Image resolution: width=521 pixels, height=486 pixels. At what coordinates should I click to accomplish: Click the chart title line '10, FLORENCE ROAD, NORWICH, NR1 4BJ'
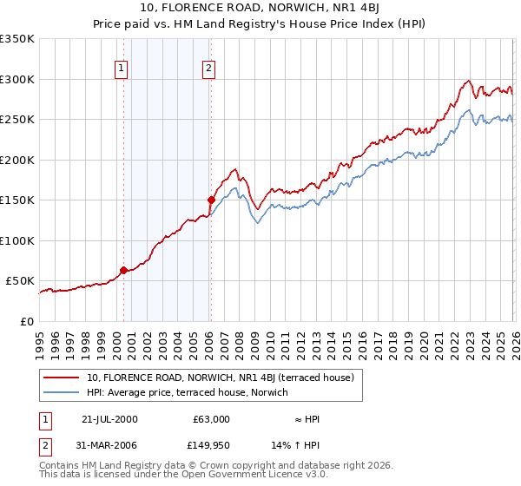260,10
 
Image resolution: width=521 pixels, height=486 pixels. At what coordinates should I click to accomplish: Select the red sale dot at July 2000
123,270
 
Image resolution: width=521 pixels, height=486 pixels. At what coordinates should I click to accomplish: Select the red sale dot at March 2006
211,200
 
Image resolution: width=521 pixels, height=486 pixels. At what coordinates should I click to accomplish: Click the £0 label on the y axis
26,321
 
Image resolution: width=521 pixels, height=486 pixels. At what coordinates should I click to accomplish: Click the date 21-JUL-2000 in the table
109,419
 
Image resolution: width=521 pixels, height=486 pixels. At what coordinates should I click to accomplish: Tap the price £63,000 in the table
211,419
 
